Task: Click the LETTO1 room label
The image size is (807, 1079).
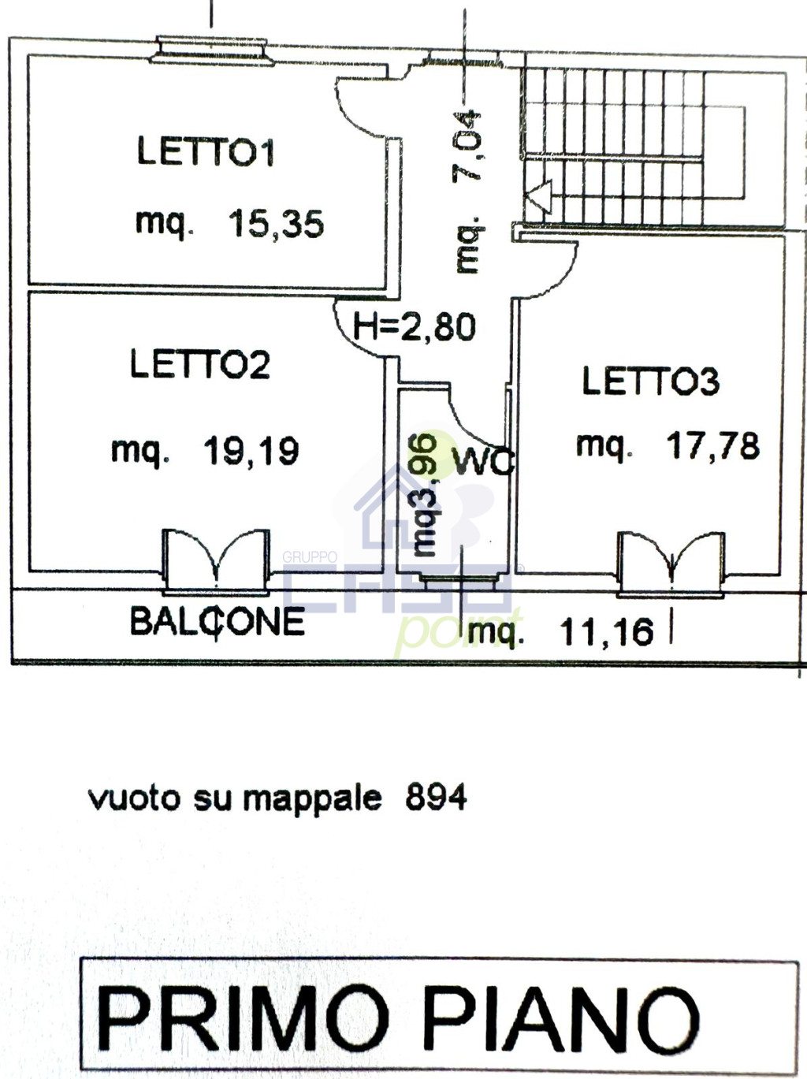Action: pos(206,151)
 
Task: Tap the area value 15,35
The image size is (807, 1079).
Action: pos(276,224)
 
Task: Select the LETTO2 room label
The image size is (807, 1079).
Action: pos(200,363)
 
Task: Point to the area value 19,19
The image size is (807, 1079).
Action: pos(251,451)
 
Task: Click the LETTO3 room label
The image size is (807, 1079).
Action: pos(651,381)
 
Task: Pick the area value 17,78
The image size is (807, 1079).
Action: pos(713,446)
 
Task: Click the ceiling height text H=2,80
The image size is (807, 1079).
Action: pos(415,327)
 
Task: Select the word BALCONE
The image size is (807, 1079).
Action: pos(218,621)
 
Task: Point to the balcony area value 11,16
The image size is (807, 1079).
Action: pos(607,631)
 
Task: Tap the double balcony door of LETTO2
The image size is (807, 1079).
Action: pos(217,560)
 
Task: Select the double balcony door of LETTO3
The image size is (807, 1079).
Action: pos(671,564)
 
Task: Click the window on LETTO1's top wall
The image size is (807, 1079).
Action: pos(212,50)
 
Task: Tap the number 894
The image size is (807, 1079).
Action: pos(436,798)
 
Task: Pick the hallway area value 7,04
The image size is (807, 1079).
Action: pos(467,146)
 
